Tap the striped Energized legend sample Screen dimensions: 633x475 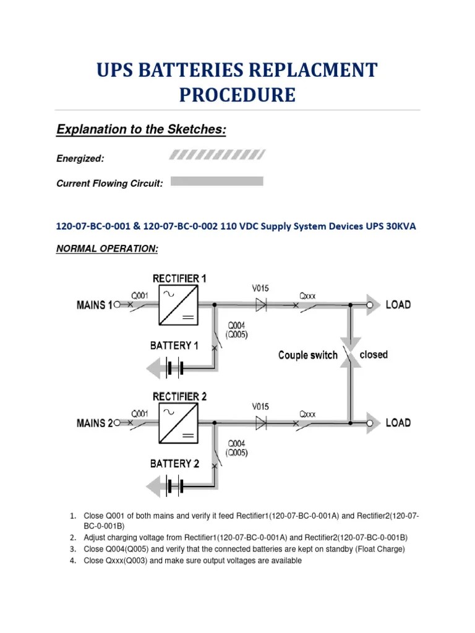(218, 155)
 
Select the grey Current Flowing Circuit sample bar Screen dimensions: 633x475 (216, 181)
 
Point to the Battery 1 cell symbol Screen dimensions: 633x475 (174, 369)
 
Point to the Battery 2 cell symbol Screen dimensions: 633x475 (174, 487)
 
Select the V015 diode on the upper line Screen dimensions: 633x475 (261, 304)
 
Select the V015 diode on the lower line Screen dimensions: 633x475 (261, 423)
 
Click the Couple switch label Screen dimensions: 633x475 (308, 355)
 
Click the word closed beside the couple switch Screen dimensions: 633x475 (374, 355)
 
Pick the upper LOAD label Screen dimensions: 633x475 (398, 305)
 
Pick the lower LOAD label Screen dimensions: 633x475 (398, 423)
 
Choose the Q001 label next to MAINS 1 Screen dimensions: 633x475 (139, 295)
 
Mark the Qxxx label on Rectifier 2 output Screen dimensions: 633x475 (307, 414)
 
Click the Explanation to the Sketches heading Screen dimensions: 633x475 (141, 130)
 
